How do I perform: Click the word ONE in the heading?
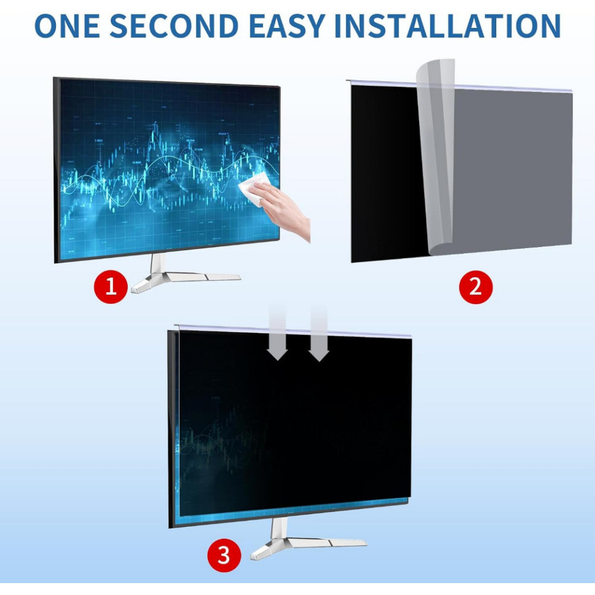point(67,26)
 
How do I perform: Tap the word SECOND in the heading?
point(174,26)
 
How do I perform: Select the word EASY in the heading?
point(287,26)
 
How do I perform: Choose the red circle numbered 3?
point(224,555)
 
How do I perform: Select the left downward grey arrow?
point(278,333)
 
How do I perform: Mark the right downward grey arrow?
point(319,334)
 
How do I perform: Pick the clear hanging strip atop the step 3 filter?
point(293,331)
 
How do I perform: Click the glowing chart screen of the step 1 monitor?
point(170,170)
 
